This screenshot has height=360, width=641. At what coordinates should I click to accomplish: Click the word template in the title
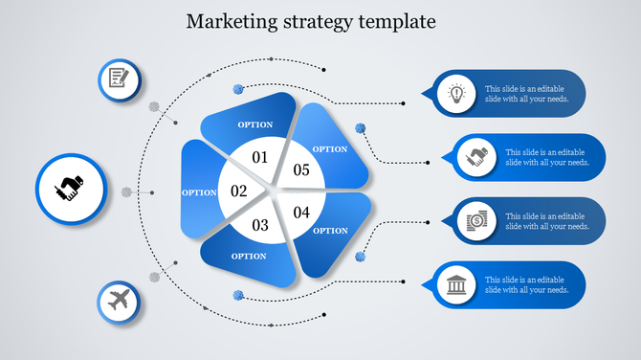point(399,20)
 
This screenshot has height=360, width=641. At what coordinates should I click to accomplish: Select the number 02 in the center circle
point(239,191)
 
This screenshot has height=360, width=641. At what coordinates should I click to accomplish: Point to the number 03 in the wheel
point(260,226)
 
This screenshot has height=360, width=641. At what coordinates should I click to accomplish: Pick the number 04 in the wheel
point(302,213)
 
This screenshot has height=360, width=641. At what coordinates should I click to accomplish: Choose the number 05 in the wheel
point(301,170)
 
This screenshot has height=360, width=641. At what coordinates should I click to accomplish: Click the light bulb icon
point(456,94)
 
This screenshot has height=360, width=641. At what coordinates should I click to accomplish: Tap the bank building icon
point(456,285)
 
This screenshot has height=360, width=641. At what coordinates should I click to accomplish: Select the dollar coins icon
point(475,221)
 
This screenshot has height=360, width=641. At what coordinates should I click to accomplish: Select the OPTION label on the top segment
point(254,124)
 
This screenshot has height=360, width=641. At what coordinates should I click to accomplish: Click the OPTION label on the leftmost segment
point(199,192)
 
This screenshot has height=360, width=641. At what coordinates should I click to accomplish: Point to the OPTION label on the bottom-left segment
point(249,256)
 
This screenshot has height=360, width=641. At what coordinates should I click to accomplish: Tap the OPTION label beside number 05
point(330,148)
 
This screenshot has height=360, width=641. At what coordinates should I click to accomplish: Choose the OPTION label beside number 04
point(331,230)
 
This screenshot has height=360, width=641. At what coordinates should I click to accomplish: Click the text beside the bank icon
point(527,285)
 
